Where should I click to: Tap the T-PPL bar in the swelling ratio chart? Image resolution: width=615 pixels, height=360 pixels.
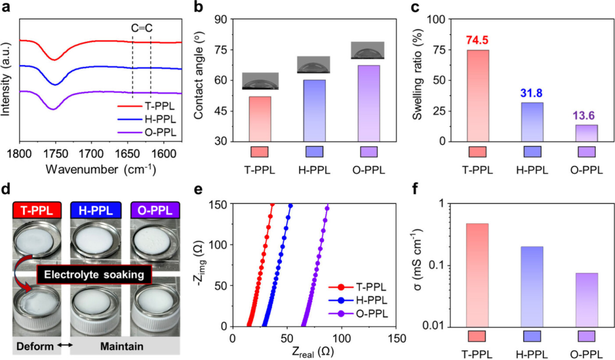click(x=477, y=96)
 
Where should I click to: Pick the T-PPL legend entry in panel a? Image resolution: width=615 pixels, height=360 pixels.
click(x=150, y=107)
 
